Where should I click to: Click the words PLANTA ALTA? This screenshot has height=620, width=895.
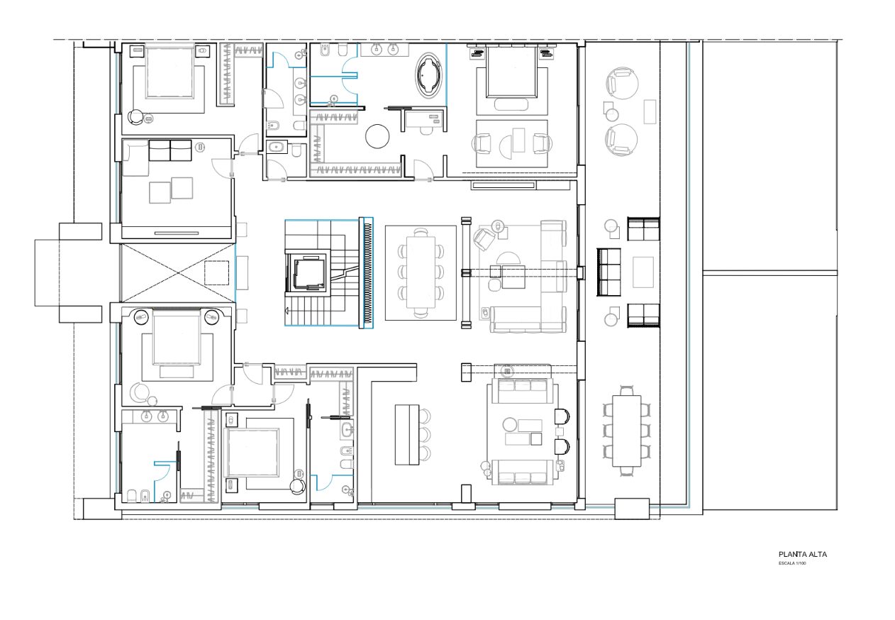(x=803, y=555)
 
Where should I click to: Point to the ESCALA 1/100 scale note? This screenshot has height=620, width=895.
(x=792, y=563)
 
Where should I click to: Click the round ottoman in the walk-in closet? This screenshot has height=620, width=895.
(x=377, y=136)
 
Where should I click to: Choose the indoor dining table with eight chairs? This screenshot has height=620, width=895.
(x=421, y=272)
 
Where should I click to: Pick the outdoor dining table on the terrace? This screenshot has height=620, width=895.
(x=626, y=431)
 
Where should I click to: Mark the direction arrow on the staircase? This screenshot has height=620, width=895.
(x=287, y=310)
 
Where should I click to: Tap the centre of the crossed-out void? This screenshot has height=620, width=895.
(x=178, y=273)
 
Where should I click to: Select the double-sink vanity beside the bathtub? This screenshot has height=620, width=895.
(x=385, y=50)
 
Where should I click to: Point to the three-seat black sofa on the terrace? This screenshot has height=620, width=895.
(x=608, y=272)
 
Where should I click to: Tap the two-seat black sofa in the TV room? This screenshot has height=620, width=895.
(x=170, y=150)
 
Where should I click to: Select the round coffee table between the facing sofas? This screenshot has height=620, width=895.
(x=509, y=424)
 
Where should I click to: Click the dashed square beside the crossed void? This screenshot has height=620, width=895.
(x=216, y=272)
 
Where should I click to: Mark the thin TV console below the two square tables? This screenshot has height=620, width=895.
(x=177, y=233)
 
